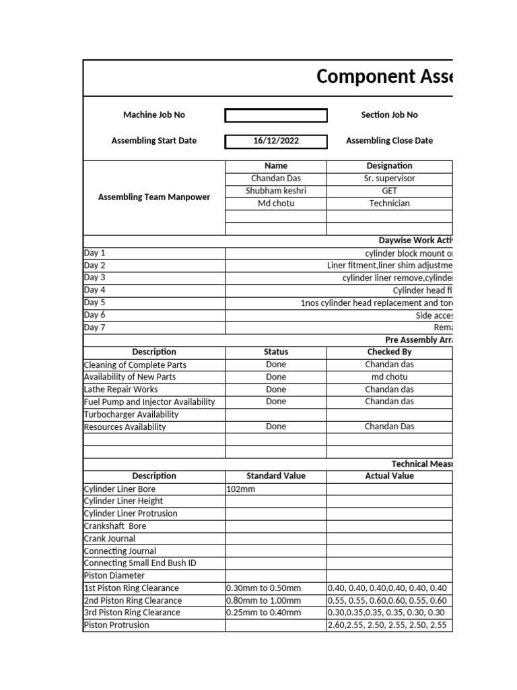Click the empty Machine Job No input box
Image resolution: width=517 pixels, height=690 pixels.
point(276,115)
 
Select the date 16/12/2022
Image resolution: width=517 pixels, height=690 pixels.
point(276,141)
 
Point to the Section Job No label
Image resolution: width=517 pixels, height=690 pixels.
point(389,115)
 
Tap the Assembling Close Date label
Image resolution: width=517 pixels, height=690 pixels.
point(389,141)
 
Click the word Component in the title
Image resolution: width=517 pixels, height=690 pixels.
point(356,77)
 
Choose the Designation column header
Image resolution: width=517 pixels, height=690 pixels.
point(389,166)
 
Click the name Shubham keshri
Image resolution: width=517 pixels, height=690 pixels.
point(276,191)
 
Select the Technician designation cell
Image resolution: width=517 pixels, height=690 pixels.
point(389,203)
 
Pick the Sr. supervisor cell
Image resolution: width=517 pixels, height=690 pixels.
point(389,179)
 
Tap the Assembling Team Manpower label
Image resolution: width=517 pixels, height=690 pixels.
point(154,197)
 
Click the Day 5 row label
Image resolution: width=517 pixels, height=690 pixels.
point(95,303)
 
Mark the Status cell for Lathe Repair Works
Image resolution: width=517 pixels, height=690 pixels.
point(276,389)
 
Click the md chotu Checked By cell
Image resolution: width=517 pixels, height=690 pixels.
point(389,377)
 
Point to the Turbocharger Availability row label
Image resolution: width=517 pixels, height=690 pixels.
point(131,414)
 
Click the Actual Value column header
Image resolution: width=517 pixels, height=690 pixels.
point(389,476)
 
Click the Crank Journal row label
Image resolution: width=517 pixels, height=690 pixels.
point(110,538)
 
